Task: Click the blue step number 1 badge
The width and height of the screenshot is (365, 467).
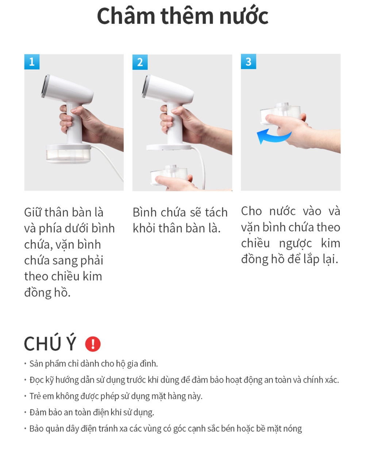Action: [x=32, y=62]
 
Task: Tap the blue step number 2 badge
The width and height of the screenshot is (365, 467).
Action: [x=140, y=62]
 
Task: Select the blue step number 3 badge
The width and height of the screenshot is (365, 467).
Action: [x=248, y=61]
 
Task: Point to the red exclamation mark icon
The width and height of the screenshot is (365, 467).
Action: [x=93, y=344]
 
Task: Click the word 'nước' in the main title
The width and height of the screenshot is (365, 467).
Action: [x=244, y=16]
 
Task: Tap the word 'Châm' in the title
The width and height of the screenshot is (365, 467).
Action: [x=126, y=16]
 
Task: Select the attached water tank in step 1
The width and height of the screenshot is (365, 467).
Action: [x=69, y=154]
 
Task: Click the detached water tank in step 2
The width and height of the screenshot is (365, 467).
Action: [x=169, y=175]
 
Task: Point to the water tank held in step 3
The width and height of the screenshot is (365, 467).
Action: [x=280, y=114]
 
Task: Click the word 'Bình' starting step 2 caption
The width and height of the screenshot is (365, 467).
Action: [x=145, y=212]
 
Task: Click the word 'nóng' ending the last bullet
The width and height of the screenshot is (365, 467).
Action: [x=292, y=429]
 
